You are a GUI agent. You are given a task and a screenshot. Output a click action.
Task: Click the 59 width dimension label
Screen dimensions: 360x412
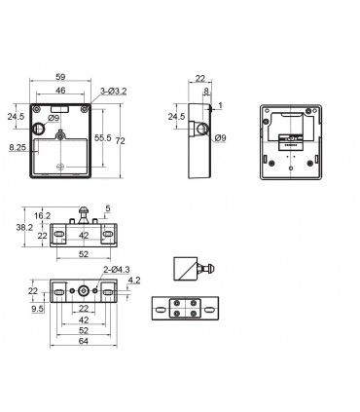click(x=60, y=77)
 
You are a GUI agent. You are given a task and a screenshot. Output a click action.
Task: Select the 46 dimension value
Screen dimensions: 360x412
click(x=60, y=91)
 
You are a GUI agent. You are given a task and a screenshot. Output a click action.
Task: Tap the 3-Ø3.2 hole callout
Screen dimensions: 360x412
click(x=113, y=92)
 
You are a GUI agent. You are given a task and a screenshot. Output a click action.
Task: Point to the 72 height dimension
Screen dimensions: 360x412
click(x=121, y=141)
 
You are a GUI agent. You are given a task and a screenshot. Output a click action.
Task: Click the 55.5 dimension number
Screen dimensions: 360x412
click(x=103, y=138)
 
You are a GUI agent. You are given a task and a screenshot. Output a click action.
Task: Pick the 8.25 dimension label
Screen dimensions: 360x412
click(x=18, y=148)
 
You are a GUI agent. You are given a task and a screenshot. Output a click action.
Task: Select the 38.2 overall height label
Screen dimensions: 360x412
click(x=24, y=227)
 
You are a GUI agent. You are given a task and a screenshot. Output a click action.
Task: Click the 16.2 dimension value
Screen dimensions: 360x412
click(x=42, y=215)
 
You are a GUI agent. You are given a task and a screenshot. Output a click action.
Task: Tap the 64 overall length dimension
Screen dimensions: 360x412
click(x=84, y=341)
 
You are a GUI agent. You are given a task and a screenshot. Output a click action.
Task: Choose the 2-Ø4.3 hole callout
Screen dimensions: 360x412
click(x=117, y=270)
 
